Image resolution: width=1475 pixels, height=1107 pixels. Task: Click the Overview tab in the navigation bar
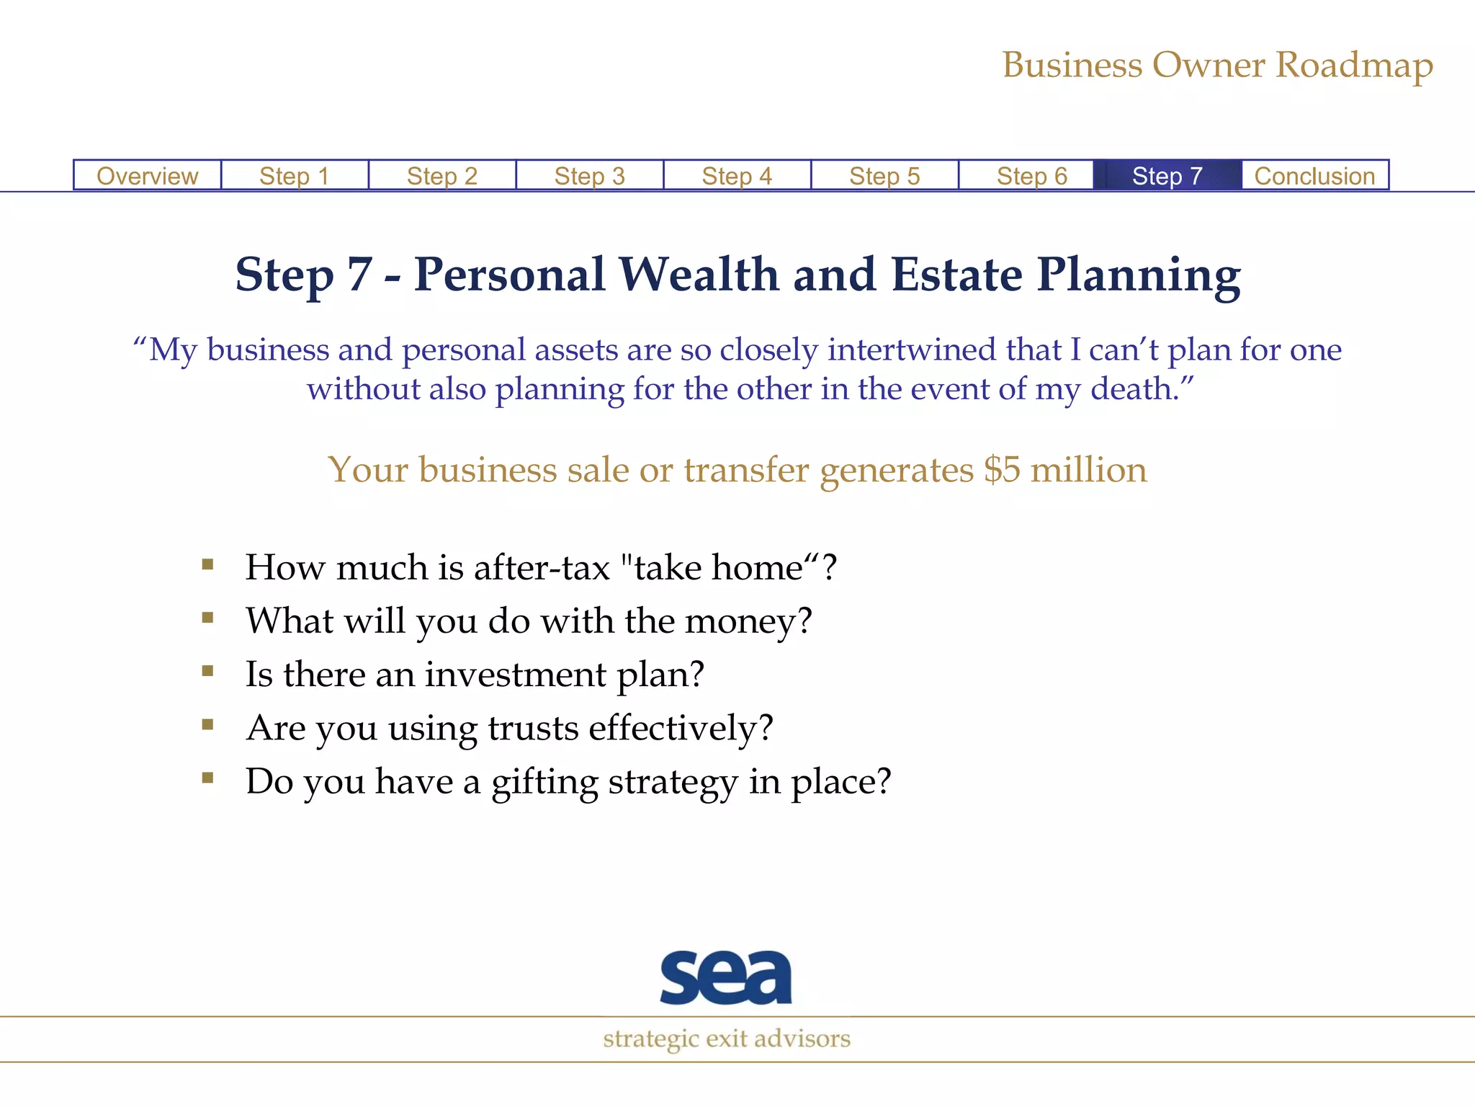tap(147, 176)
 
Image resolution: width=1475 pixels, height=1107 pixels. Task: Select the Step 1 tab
tap(295, 176)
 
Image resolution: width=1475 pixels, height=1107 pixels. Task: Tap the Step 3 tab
tap(589, 176)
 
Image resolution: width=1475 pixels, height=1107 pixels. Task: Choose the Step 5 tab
tap(884, 176)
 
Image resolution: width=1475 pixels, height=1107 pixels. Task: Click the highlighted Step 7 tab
tap(1167, 176)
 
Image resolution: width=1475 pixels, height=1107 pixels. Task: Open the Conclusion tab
tap(1314, 176)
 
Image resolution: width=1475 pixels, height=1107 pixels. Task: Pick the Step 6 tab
tap(1031, 176)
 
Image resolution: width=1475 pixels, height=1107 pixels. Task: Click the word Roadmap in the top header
tap(1354, 66)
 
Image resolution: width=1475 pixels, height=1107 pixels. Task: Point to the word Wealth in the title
tap(699, 275)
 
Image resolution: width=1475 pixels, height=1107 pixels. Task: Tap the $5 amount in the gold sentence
tap(1002, 470)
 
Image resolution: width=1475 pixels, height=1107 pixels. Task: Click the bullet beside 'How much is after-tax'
tap(208, 564)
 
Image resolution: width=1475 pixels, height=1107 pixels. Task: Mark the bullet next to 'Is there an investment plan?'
tap(208, 671)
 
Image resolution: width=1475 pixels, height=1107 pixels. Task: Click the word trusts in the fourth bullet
tap(533, 728)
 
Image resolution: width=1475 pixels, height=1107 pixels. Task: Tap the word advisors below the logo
tap(802, 1039)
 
